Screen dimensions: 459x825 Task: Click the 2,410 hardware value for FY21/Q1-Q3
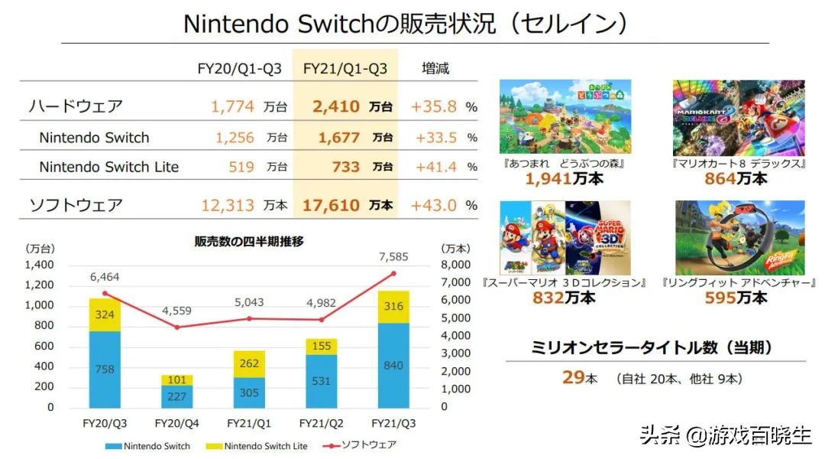click(x=335, y=106)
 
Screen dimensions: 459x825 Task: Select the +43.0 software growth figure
click(x=433, y=205)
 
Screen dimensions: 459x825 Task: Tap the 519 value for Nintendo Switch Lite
click(x=241, y=167)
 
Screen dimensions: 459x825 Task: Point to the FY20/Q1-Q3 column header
click(x=240, y=69)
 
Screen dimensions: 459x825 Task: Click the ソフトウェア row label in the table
click(x=76, y=205)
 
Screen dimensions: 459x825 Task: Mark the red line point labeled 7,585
click(x=393, y=273)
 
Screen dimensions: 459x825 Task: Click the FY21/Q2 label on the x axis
click(x=322, y=423)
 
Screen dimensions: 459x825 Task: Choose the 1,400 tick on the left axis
click(x=40, y=265)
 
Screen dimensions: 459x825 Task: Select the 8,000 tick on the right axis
click(x=457, y=265)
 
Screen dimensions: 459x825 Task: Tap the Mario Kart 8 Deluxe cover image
click(x=739, y=118)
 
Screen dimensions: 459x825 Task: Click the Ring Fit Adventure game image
click(x=740, y=238)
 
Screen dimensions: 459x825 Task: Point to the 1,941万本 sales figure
click(x=564, y=179)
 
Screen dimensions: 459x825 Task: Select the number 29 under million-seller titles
click(x=573, y=378)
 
